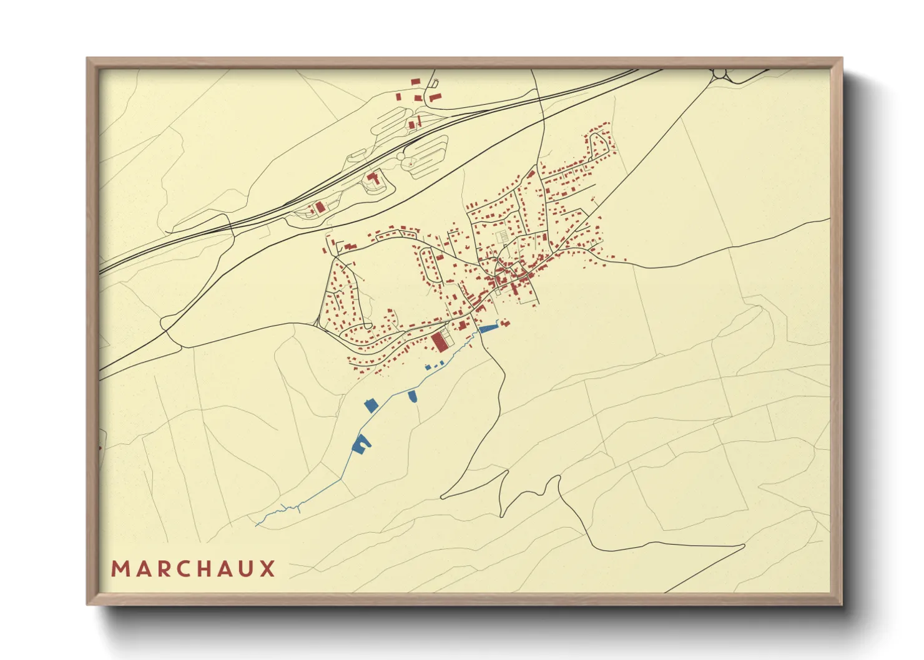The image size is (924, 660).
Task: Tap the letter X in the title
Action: pos(268,569)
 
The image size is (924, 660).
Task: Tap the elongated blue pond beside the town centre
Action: pos(488,328)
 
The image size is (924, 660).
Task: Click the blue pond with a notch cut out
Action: pos(361,444)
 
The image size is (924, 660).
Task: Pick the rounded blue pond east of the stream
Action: pos(412,395)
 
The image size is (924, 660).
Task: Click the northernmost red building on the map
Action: pos(415,81)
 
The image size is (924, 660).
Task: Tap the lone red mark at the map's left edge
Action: pos(99,448)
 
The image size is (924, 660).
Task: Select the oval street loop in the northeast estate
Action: pos(599,145)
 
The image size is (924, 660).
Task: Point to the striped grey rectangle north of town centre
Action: pos(501,236)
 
